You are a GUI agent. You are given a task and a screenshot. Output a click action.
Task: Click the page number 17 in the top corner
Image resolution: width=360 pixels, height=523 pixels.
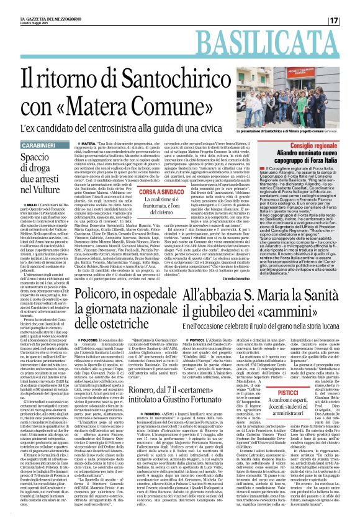click(350, 20)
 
